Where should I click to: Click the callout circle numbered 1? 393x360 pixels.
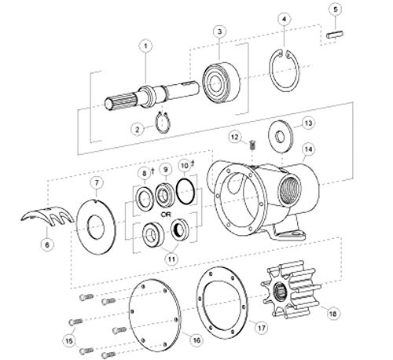pos(144,46)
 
